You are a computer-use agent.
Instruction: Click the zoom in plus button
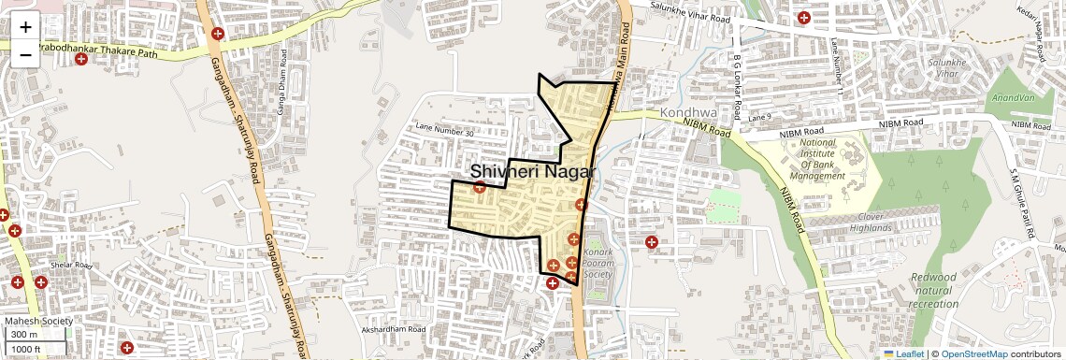(x=25, y=27)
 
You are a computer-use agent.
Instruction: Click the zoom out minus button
(x=25, y=55)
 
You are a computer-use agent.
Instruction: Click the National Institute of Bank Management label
(x=817, y=159)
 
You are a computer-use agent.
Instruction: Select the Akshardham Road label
(x=394, y=330)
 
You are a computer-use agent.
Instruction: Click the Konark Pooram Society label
(x=598, y=263)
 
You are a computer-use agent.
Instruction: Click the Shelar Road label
(x=71, y=265)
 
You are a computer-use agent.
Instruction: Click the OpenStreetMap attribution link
(x=974, y=354)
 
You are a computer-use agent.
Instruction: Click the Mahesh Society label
(x=38, y=322)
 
